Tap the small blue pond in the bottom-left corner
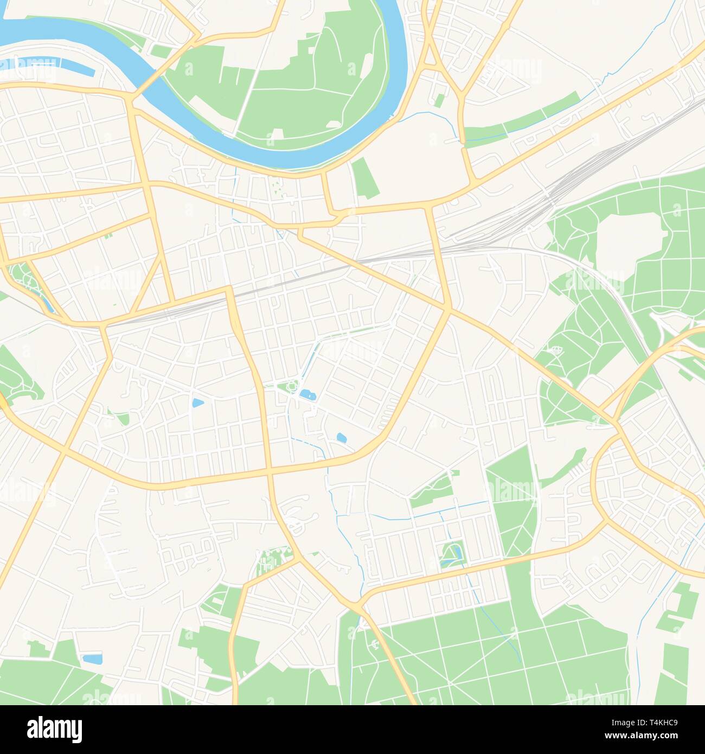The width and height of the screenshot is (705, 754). pos(92,659)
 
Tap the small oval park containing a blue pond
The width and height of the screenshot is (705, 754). pos(451,553)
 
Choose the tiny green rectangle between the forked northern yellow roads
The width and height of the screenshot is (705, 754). pos(439,100)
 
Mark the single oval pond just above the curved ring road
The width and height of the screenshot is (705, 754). pos(342,437)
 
